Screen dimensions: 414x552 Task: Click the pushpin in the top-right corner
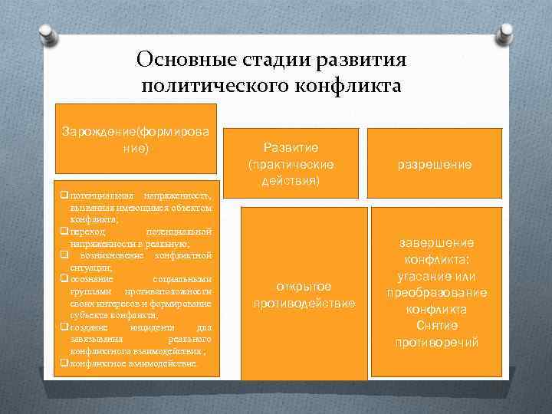tap(505, 34)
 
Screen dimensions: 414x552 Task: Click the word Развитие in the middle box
tap(291, 147)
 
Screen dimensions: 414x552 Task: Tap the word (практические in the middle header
tap(291, 165)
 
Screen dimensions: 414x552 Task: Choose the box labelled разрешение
tap(434, 164)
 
